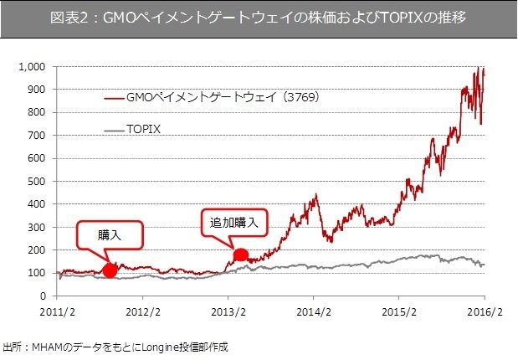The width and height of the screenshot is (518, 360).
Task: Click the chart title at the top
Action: pos(259,18)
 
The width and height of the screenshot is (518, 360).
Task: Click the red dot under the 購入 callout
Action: pos(110,270)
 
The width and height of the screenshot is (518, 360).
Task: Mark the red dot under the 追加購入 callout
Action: pos(240,255)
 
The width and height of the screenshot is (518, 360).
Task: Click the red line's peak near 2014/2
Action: pos(315,195)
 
